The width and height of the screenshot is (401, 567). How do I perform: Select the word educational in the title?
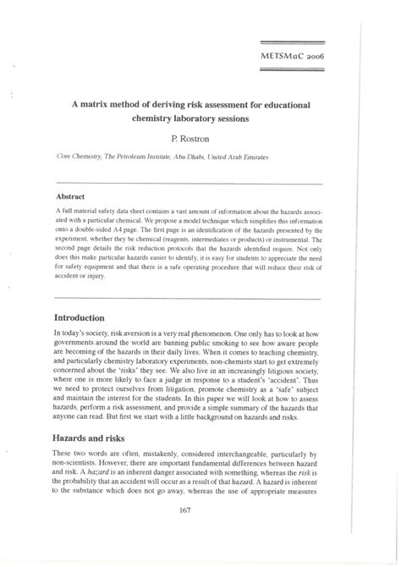pos(283,105)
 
